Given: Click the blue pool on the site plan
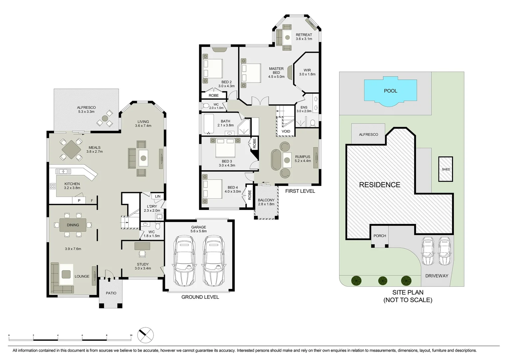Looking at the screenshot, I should (390, 91).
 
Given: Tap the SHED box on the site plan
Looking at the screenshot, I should (446, 169).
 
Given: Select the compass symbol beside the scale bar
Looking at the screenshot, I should (146, 335).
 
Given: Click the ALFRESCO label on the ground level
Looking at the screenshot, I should (86, 108).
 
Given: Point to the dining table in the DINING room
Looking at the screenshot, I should (73, 225).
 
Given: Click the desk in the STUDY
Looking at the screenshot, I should (142, 246).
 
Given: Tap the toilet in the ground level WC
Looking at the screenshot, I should (158, 226).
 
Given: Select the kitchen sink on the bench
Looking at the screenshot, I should (63, 171).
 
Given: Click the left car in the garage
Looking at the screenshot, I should (184, 261).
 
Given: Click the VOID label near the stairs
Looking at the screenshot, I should (286, 131).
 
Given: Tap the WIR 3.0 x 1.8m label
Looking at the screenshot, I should (307, 72).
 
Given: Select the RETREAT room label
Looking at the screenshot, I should (304, 35).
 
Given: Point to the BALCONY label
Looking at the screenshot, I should (266, 200).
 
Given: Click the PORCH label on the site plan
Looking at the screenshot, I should (380, 236).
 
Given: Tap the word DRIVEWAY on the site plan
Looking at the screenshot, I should (437, 276).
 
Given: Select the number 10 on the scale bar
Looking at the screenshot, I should (131, 335).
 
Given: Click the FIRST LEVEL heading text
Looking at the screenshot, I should (300, 191).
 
